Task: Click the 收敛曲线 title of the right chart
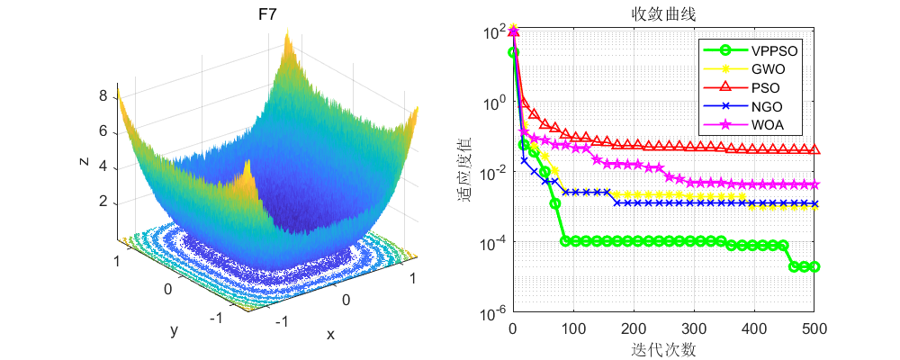tap(663, 15)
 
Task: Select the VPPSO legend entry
tap(770, 50)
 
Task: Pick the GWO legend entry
tap(765, 69)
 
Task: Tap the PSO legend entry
tap(763, 88)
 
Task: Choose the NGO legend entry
tap(764, 107)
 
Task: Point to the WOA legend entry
tap(765, 126)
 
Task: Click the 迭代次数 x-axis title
tap(663, 349)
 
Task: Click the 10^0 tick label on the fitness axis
tap(494, 102)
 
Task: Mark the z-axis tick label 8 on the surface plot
tap(103, 95)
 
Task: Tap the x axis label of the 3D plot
tap(330, 334)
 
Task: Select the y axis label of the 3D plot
tap(173, 331)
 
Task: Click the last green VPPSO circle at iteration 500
tap(814, 266)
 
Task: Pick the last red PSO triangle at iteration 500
tap(814, 149)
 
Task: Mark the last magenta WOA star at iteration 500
tap(814, 184)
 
